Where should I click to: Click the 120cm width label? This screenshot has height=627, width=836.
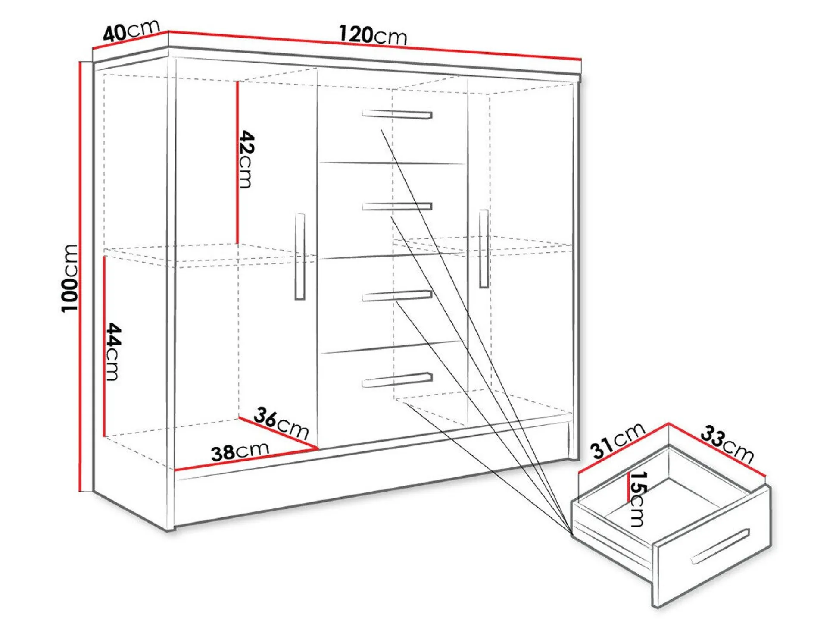372,35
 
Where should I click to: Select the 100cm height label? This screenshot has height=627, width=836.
70,278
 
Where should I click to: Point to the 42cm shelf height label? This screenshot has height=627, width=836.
246,159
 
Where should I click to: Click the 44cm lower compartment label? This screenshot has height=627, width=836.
113,351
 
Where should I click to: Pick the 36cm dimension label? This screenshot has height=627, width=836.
281,423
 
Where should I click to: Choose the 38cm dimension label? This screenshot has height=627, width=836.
240,451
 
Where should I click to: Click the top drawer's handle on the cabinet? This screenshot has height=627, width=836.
397,114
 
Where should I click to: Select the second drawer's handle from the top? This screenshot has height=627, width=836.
397,207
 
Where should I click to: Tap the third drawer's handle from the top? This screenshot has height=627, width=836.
397,296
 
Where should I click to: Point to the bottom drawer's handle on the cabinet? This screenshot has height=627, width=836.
397,380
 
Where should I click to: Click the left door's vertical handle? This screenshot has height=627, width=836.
300,257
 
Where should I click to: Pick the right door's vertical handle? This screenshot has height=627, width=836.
484,249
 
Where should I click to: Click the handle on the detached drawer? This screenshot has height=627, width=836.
720,546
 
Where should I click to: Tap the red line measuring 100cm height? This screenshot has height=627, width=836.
80,276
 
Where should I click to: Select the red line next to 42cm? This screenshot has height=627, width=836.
237,163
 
